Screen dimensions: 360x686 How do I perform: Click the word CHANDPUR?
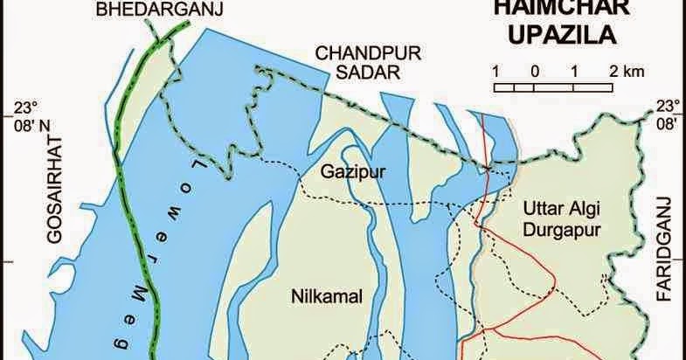(358, 53)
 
